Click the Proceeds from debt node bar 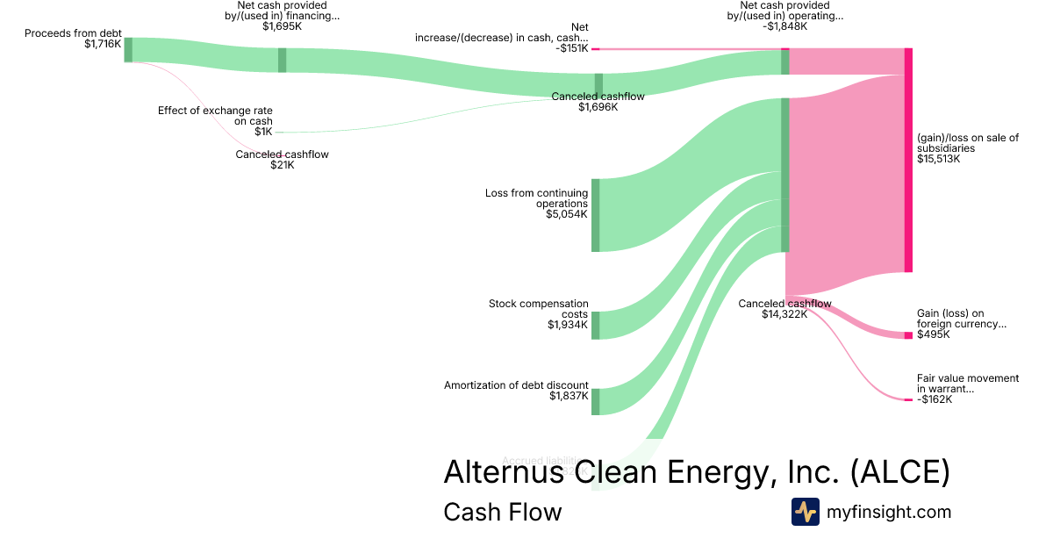[128, 49]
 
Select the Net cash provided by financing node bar [282, 60]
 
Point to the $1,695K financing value [282, 26]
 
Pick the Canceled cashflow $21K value [282, 165]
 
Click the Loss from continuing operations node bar [595, 215]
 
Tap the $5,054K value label [566, 214]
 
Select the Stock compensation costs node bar [595, 325]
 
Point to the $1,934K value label [566, 325]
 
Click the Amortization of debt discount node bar [595, 401]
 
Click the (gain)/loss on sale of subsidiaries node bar [908, 160]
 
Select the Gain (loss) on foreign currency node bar [908, 335]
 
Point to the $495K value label [933, 334]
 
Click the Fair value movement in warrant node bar [908, 399]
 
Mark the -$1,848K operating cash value [784, 26]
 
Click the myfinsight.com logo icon [805, 512]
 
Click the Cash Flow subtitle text [502, 512]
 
